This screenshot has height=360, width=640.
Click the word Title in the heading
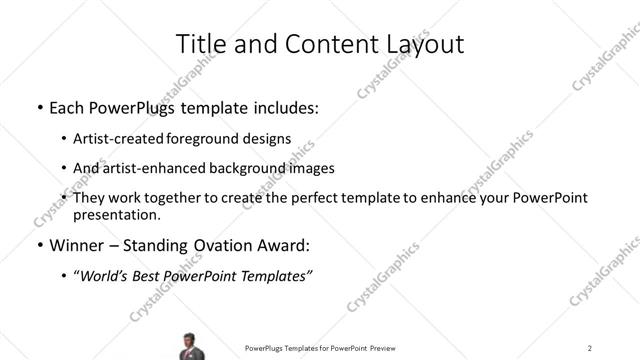pos(199,44)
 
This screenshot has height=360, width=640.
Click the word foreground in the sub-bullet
pos(222,139)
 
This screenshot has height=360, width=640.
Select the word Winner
pos(76,246)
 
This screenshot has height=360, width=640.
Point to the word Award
pos(286,246)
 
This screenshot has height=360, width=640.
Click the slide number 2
pos(590,347)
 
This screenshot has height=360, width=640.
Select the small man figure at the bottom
pos(188,345)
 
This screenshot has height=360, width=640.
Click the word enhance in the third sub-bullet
pos(454,199)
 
